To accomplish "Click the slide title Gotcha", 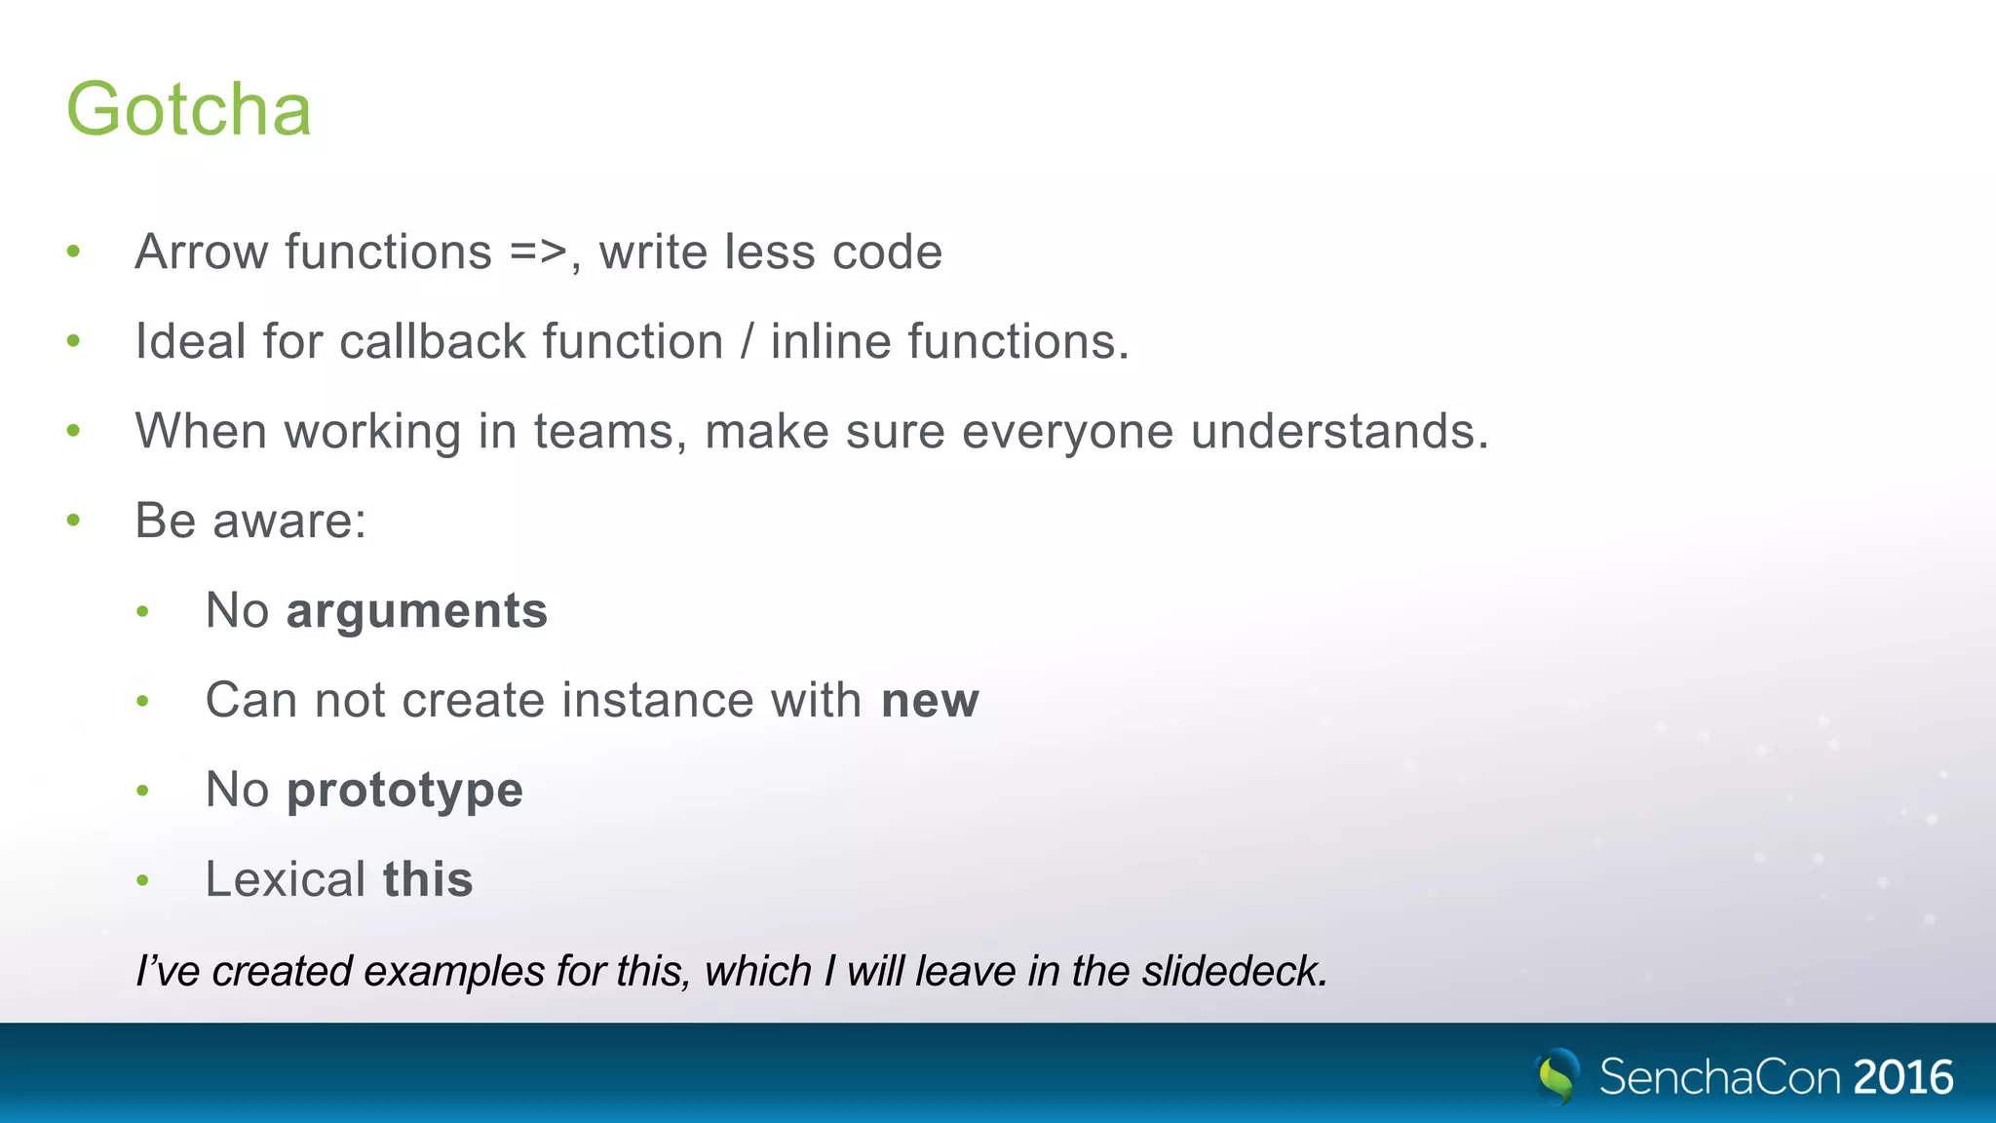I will (x=188, y=109).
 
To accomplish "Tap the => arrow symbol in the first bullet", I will (x=538, y=252).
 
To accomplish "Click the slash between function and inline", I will (x=748, y=342).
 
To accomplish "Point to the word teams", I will (x=604, y=432).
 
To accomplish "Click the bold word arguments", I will (x=417, y=611).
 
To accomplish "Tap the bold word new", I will (x=930, y=701).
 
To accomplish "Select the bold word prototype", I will (x=404, y=791).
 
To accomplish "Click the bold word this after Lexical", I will (x=428, y=880).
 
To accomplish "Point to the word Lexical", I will (x=286, y=880).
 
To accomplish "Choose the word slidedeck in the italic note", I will (x=1234, y=971).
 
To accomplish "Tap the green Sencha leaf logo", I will (x=1557, y=1076).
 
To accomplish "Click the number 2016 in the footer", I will (x=1903, y=1077).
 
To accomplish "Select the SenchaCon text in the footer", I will (x=1719, y=1077).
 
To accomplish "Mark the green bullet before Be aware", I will (x=73, y=521).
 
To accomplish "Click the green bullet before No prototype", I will (x=143, y=791).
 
